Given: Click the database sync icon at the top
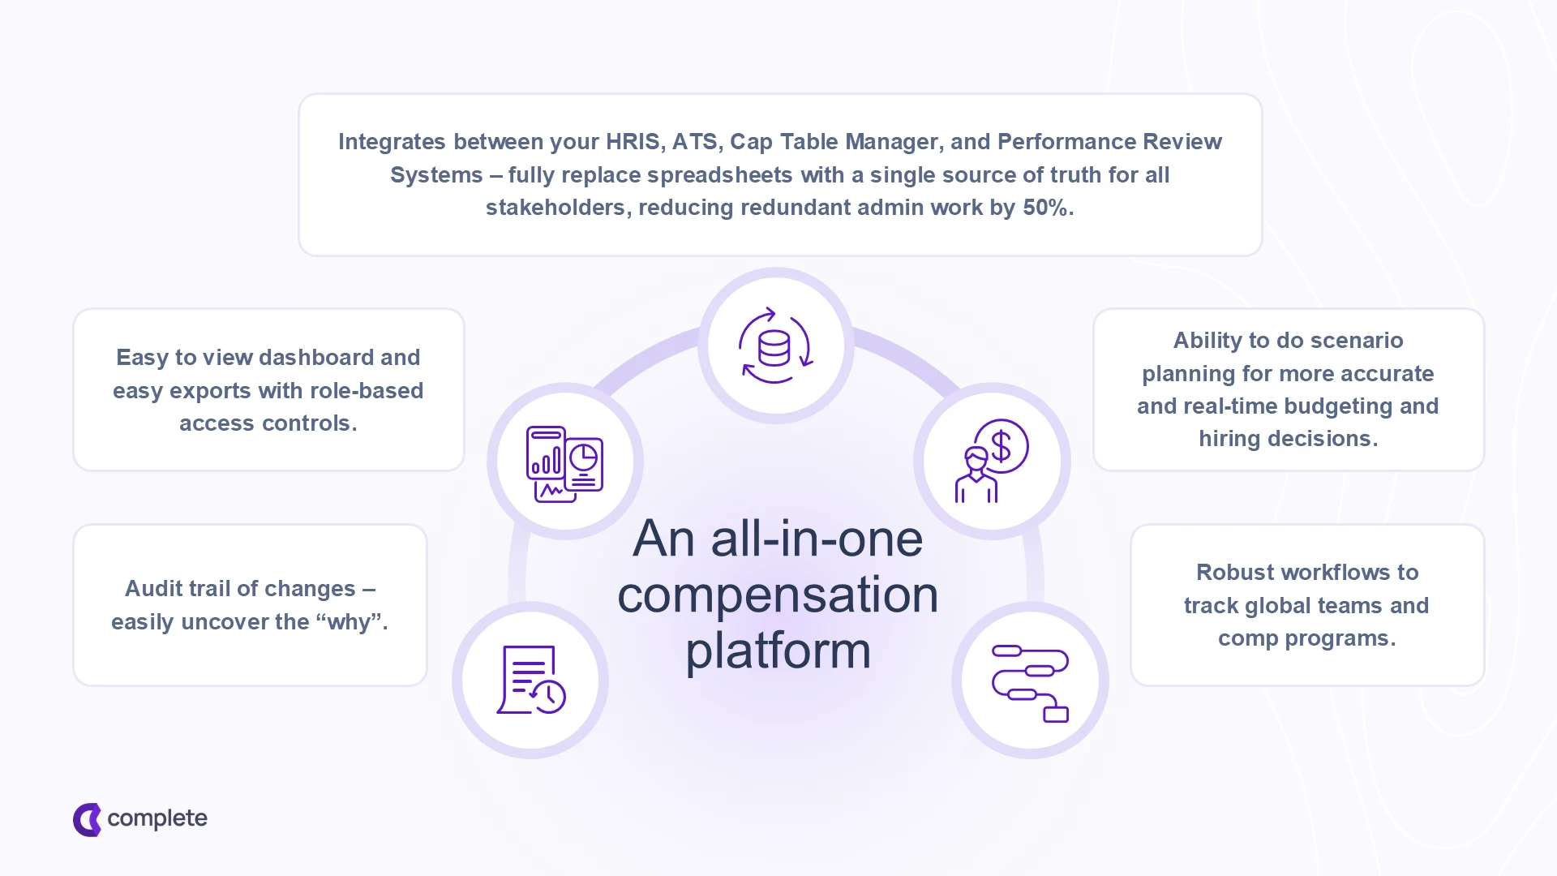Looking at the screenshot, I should click(775, 346).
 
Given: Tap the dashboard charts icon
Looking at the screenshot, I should click(564, 463).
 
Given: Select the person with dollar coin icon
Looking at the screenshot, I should click(991, 462).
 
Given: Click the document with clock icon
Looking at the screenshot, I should click(530, 680).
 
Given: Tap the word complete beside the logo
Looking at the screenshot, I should click(157, 818).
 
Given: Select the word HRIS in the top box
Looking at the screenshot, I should click(635, 142).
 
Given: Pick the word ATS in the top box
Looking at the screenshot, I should click(695, 142).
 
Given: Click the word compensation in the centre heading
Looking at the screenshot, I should click(778, 595).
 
